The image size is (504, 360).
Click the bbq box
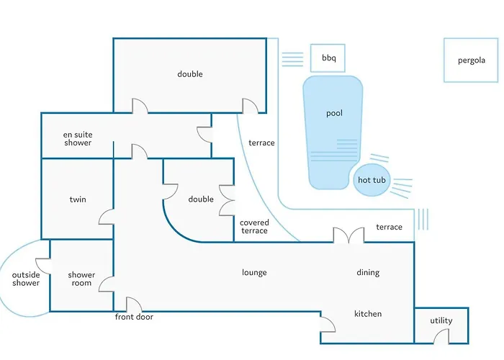(328, 58)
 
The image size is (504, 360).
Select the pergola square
(472, 60)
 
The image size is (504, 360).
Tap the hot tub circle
(372, 180)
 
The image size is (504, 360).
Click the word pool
(334, 114)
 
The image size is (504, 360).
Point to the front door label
(134, 317)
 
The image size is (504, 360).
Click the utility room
(441, 321)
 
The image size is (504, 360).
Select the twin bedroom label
(78, 199)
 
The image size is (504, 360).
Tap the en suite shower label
(78, 138)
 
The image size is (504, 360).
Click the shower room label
(81, 279)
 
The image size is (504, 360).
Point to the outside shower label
(26, 279)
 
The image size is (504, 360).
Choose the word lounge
(254, 273)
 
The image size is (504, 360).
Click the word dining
(368, 273)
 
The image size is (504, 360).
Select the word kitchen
(368, 314)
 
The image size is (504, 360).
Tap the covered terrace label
(254, 227)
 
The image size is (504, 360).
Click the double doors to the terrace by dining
(347, 235)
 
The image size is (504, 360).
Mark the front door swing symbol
(134, 305)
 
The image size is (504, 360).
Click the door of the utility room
(442, 336)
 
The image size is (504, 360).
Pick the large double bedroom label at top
(190, 74)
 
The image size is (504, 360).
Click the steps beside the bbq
(292, 60)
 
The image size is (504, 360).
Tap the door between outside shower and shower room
(44, 265)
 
